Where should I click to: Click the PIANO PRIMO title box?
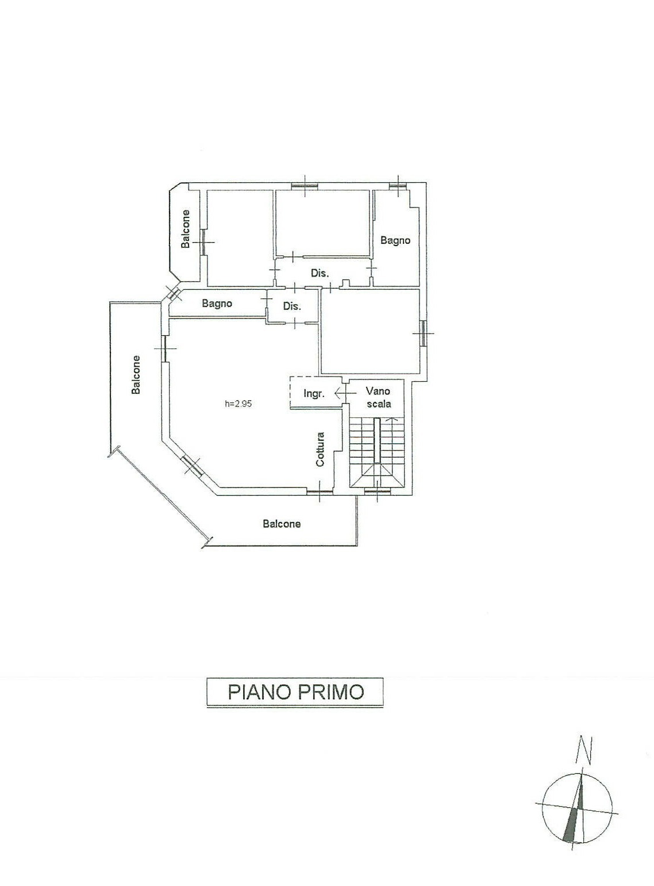[295, 692]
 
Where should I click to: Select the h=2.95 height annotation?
[238, 404]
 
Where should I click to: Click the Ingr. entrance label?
[313, 393]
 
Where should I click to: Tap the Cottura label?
[320, 450]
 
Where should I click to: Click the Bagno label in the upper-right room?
[395, 240]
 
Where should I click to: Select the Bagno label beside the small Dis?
[217, 304]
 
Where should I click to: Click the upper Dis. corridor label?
[320, 274]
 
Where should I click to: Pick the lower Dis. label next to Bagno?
[292, 306]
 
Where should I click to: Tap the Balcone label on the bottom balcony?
[282, 523]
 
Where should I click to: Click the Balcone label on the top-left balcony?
[185, 229]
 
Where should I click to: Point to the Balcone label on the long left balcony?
[136, 375]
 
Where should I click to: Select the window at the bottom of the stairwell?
[378, 491]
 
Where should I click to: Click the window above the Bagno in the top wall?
[398, 185]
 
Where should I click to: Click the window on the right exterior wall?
[422, 332]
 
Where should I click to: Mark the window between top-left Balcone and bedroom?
[203, 241]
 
